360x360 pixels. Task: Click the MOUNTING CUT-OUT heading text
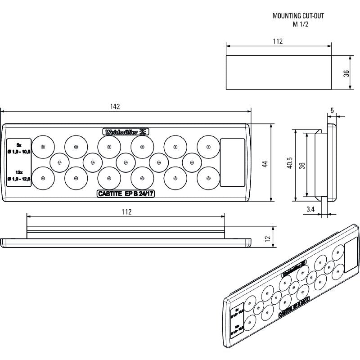point(298,15)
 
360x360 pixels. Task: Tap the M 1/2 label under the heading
point(298,24)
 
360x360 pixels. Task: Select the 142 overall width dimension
point(115,107)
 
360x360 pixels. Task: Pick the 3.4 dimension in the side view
point(310,209)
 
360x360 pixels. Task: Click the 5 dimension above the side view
point(332,110)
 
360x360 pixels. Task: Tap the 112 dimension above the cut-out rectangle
point(278,41)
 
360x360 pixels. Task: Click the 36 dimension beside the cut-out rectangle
point(346,73)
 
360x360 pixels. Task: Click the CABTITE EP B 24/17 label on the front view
point(126,194)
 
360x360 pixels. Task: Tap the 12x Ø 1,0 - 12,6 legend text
point(19,176)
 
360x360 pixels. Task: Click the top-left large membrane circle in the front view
point(42,147)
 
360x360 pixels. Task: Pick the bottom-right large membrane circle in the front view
point(208,178)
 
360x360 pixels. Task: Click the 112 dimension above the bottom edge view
point(126,212)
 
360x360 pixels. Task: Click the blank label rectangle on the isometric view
point(351,257)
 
